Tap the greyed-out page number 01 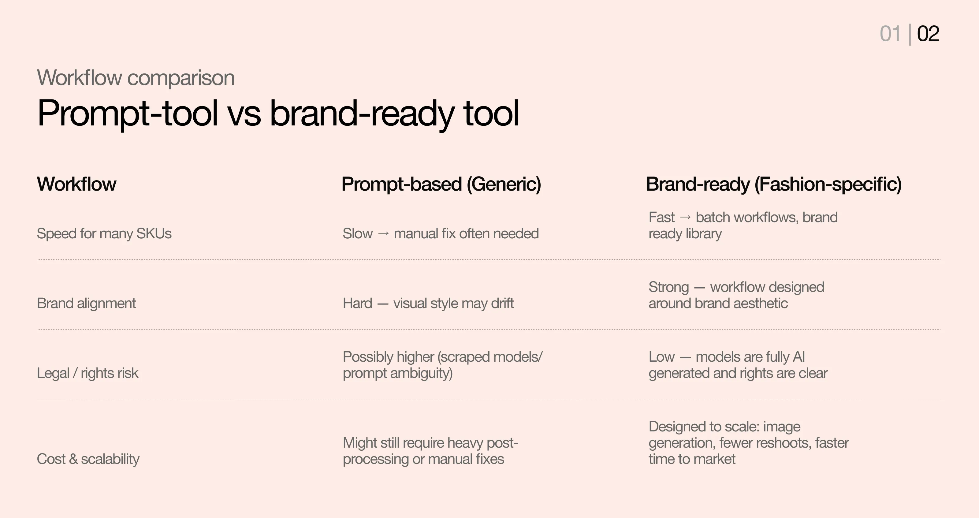click(x=890, y=34)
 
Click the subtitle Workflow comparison click(x=136, y=78)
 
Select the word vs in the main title click(x=244, y=113)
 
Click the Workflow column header click(x=76, y=184)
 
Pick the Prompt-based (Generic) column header click(x=441, y=184)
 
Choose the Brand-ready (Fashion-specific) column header click(x=773, y=184)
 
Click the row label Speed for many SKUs click(x=104, y=233)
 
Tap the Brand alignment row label click(x=86, y=303)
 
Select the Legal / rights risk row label click(x=87, y=373)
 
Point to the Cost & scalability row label click(x=88, y=459)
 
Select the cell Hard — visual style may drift click(x=428, y=303)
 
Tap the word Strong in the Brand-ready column click(x=668, y=287)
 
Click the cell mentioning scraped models click(x=442, y=365)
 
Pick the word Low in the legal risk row click(x=661, y=357)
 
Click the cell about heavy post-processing click(x=430, y=451)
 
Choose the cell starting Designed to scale click(x=748, y=443)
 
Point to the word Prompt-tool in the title click(x=128, y=113)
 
